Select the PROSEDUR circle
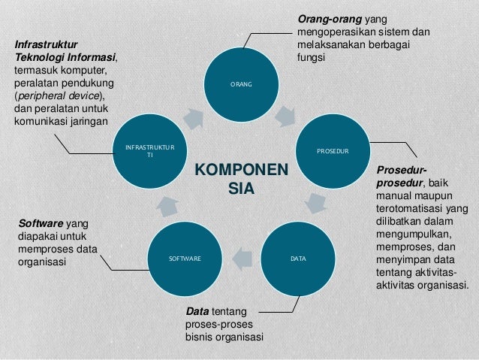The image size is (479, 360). (333, 150)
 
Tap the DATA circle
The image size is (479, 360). (297, 258)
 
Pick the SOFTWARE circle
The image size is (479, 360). (185, 258)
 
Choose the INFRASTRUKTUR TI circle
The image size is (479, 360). (149, 150)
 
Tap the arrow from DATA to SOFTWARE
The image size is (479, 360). (241, 258)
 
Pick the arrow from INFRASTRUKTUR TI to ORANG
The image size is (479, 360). (194, 116)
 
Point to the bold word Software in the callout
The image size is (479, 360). (40, 223)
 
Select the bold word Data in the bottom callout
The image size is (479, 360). (197, 310)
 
